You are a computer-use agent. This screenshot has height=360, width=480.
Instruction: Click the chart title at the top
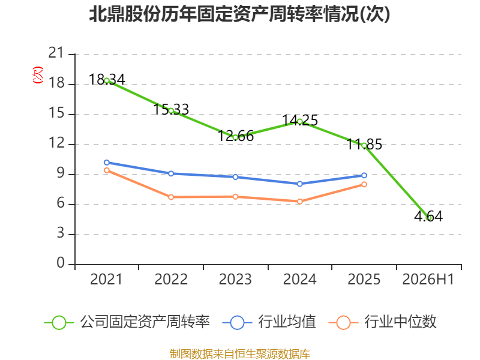point(239,14)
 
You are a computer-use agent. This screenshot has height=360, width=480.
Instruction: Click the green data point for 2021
point(107,81)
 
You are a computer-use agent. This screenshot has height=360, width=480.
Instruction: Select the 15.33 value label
point(171,109)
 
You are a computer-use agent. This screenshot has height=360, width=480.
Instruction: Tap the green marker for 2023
point(235,137)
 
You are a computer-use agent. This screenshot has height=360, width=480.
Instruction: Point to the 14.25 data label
point(299,121)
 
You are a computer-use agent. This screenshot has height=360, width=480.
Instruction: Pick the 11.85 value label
point(364,144)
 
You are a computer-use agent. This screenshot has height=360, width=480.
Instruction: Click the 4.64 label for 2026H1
point(428,217)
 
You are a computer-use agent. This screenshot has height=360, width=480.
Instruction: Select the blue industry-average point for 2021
point(107,163)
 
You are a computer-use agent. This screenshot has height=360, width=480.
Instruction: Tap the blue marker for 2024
point(299,184)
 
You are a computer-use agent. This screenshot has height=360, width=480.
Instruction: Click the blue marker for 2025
point(364,175)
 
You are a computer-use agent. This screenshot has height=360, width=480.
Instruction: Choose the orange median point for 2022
point(171,197)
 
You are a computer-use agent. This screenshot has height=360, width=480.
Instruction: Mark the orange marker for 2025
point(364,184)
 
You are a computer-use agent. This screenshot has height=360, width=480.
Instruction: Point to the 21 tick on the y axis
point(56,53)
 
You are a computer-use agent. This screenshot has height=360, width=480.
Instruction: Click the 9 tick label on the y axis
point(61,173)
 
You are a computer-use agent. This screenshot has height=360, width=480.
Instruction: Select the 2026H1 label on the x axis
point(428,279)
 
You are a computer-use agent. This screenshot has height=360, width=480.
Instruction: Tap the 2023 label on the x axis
point(235,279)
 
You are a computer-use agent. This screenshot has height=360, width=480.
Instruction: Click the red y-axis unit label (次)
point(37,75)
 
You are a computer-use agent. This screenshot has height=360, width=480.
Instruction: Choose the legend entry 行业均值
point(269,322)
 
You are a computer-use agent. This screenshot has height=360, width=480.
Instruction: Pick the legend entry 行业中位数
point(383,322)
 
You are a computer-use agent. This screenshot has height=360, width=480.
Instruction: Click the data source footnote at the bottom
point(240,354)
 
